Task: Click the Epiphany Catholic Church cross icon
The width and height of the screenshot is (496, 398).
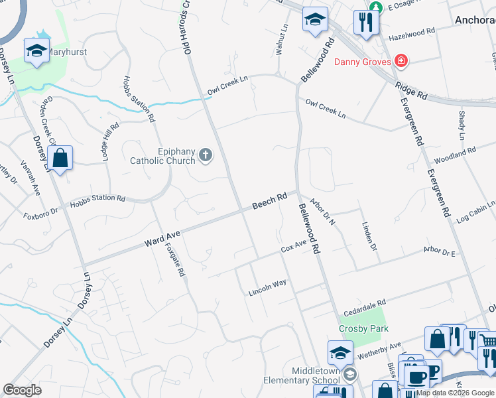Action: (206, 155)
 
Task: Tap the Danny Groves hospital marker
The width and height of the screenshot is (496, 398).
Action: (400, 62)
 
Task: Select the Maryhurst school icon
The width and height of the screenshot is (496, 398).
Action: (36, 50)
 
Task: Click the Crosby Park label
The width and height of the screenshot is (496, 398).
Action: (363, 328)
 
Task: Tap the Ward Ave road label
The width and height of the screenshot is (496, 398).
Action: (162, 239)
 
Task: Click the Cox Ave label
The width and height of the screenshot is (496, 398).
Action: (293, 247)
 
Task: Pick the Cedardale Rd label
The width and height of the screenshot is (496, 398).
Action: (364, 306)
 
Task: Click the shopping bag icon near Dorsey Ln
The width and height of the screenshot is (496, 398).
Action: (60, 159)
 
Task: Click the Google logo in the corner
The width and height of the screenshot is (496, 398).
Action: (22, 390)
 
